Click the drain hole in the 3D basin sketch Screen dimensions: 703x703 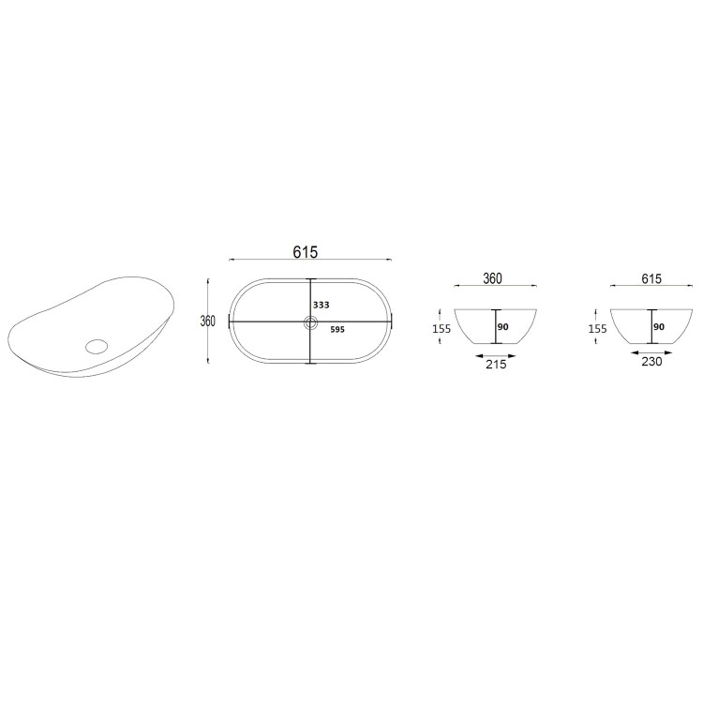click(96, 344)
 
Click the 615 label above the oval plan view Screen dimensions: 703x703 click(307, 252)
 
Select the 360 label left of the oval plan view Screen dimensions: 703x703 click(208, 321)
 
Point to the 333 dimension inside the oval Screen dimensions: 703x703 click(322, 306)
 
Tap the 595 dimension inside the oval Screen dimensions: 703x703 click(338, 330)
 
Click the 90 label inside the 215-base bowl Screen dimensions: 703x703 click(502, 327)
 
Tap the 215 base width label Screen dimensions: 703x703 click(496, 364)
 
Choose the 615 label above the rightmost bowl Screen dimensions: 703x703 click(652, 278)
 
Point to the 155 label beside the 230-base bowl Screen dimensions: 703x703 click(597, 329)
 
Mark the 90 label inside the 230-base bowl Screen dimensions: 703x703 click(659, 327)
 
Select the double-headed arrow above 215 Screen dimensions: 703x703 click(496, 354)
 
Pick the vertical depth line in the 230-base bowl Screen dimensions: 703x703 click(651, 326)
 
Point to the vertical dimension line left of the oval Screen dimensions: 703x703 click(207, 300)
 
